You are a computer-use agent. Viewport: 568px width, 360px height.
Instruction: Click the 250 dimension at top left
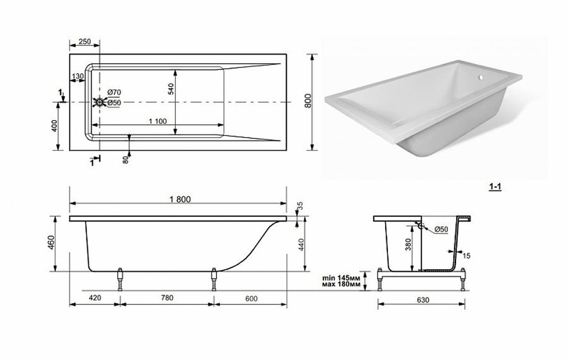coord(84,41)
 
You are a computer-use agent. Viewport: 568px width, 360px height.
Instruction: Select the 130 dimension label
coord(78,77)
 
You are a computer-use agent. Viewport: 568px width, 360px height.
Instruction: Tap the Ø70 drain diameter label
coord(114,93)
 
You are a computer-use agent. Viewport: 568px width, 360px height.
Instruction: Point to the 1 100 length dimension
coord(157,120)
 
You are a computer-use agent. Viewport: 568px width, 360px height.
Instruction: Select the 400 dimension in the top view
coord(55,126)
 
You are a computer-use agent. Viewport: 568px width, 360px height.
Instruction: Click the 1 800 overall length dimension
coord(178,199)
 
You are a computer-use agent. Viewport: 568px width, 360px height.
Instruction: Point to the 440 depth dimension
coord(302,244)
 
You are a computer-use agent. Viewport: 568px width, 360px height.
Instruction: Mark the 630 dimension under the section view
coord(421,299)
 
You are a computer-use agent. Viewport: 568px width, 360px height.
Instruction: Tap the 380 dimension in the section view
coord(408,244)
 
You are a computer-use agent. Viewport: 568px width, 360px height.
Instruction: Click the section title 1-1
coord(495,186)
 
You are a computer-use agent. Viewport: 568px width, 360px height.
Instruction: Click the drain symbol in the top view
coord(100,102)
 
